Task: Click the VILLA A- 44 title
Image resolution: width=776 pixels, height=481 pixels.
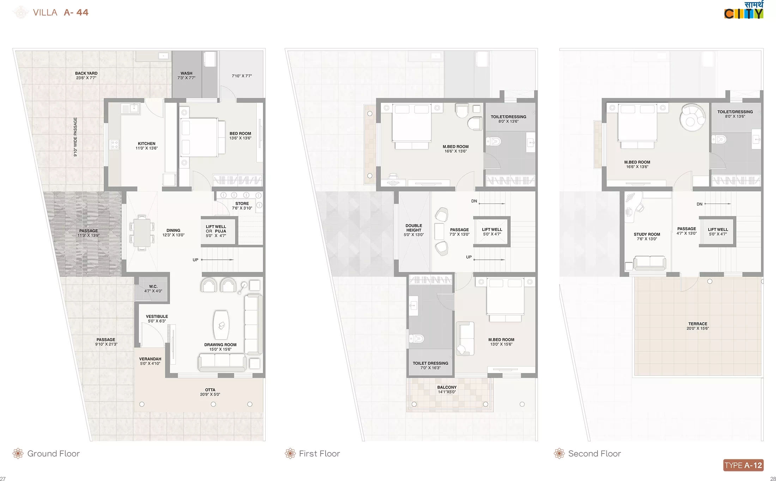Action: click(x=60, y=12)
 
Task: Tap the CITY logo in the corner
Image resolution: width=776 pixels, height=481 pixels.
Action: click(x=744, y=10)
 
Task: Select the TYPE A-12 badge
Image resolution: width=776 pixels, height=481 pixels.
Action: click(x=744, y=465)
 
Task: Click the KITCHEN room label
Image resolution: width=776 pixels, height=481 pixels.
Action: click(x=147, y=146)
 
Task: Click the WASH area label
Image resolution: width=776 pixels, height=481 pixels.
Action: click(x=187, y=76)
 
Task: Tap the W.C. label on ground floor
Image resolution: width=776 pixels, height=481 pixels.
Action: click(x=153, y=289)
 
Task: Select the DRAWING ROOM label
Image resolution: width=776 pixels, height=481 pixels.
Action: click(x=220, y=347)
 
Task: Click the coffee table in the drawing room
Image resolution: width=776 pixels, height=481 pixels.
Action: click(x=221, y=325)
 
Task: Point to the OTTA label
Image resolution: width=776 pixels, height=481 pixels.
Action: click(x=210, y=392)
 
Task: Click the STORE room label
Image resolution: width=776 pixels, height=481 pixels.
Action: click(x=242, y=206)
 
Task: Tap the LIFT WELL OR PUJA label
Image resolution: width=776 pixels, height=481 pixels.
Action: click(x=216, y=231)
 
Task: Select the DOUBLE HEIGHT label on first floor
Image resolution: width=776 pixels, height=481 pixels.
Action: click(x=414, y=230)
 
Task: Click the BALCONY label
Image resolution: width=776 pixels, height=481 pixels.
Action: click(x=447, y=390)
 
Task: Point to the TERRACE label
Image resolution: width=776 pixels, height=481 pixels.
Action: click(x=698, y=326)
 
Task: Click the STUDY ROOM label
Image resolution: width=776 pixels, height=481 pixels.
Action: click(x=647, y=236)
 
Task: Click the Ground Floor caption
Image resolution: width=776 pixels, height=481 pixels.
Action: click(x=54, y=453)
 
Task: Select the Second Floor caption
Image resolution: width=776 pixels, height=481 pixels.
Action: click(x=595, y=453)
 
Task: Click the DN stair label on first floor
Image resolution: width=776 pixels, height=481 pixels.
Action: click(x=474, y=201)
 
